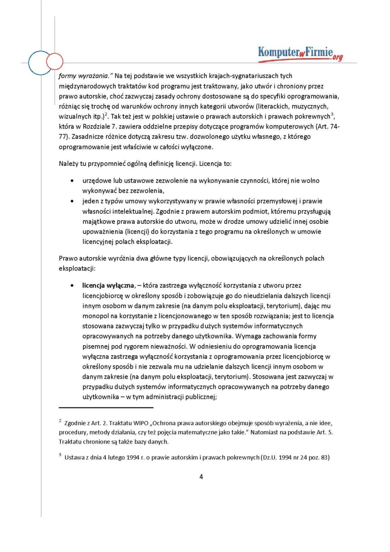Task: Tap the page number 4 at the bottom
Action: coord(201,476)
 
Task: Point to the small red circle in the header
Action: coord(55,61)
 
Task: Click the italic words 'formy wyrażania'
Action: coord(83,76)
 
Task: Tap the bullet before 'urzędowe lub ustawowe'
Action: coord(72,181)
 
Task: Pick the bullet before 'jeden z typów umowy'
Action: coord(72,201)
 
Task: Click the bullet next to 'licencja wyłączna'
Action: coord(72,286)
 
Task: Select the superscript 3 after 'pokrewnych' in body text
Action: coord(332,114)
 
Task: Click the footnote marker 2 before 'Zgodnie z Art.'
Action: coord(60,421)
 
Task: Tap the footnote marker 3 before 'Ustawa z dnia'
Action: coord(60,455)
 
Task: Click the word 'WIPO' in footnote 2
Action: coord(140,423)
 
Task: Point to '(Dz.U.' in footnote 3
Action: coord(269,457)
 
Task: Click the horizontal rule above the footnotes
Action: coord(106,408)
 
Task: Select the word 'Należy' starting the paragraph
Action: coord(69,164)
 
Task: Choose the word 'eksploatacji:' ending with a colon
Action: coord(77,268)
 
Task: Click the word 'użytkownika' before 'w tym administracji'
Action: coord(101,397)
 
